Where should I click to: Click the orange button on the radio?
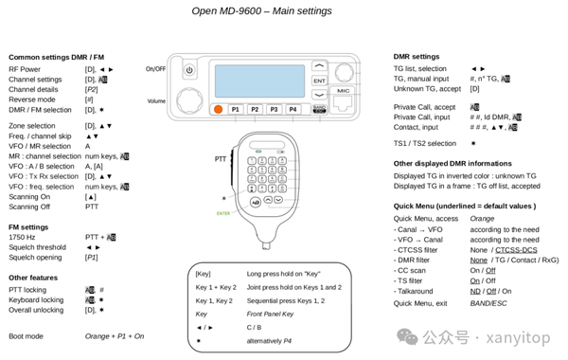[x=218, y=110]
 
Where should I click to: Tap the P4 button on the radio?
[x=293, y=110]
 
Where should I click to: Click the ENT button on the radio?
[x=320, y=81]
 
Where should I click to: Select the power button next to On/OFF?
[x=189, y=70]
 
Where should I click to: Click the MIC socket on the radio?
[x=343, y=98]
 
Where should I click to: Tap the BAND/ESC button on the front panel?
[x=320, y=110]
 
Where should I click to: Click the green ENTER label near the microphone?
[x=223, y=214]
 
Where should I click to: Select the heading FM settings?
[x=29, y=226]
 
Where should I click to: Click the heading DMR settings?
[x=417, y=57]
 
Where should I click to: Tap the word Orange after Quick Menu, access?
[x=482, y=219]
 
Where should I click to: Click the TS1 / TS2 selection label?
[x=425, y=144]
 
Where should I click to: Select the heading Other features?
[x=35, y=279]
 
